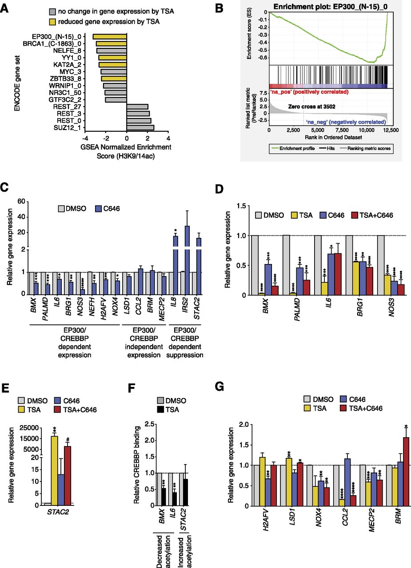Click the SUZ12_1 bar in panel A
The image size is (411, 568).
coord(140,128)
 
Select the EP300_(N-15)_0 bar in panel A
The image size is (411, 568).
coord(110,37)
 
